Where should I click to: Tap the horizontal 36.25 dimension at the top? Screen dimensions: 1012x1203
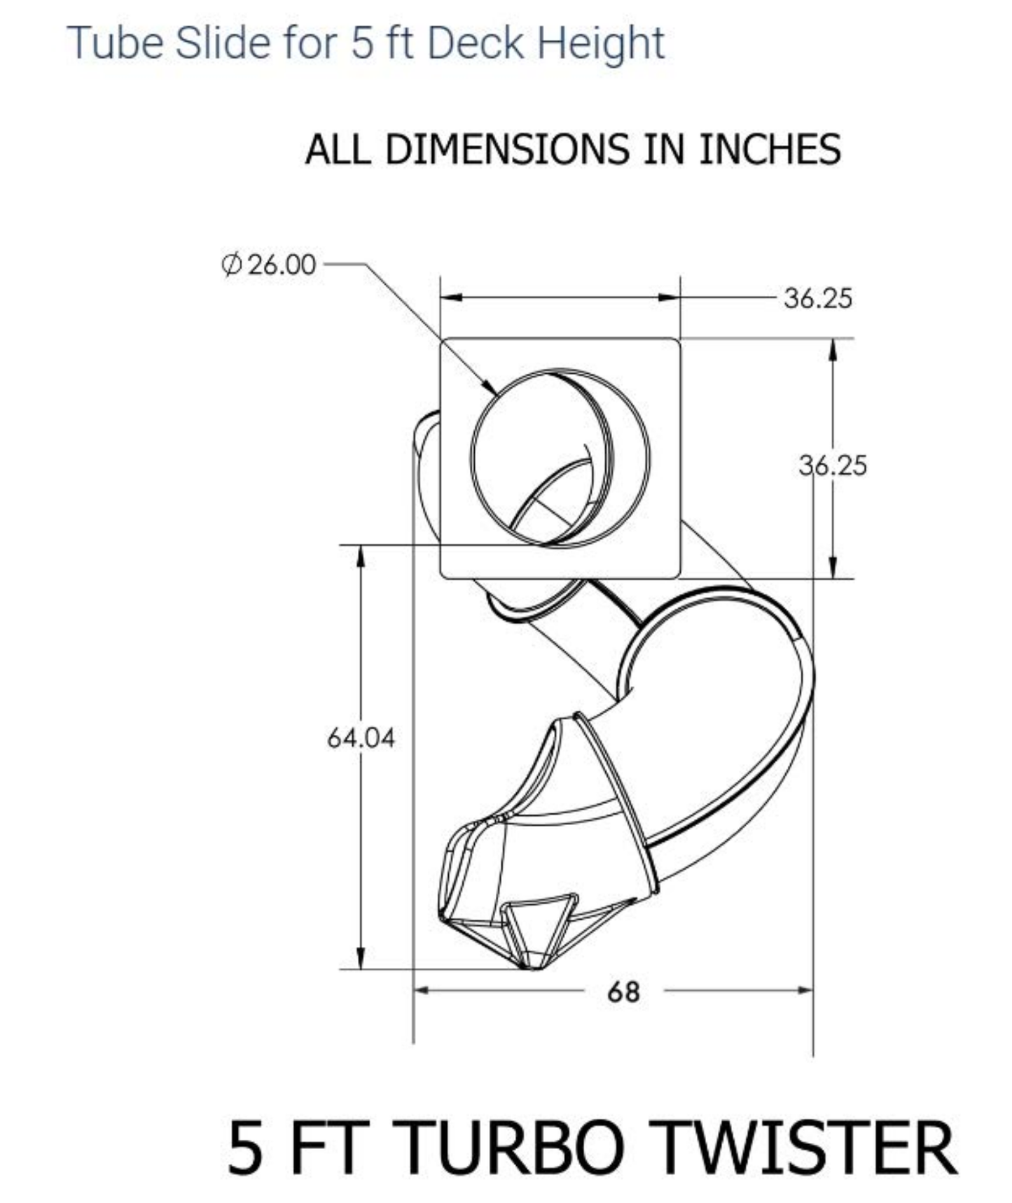[x=818, y=299]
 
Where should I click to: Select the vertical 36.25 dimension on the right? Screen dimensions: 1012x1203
[x=833, y=465]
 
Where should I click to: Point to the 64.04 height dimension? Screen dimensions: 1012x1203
[x=361, y=738]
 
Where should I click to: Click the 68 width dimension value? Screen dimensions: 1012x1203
[x=623, y=992]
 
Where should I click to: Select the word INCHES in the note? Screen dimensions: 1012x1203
[x=770, y=149]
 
